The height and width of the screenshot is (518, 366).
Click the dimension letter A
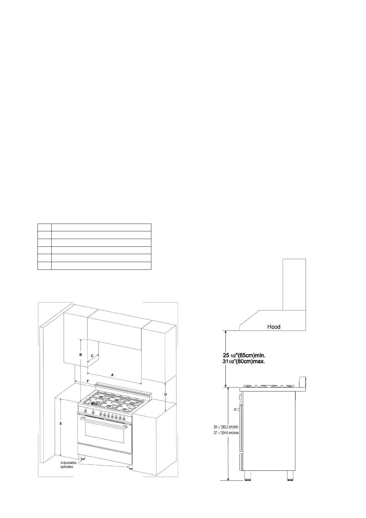click(x=112, y=375)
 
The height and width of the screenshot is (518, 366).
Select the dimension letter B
click(x=81, y=355)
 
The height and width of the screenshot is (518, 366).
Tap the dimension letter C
click(x=92, y=356)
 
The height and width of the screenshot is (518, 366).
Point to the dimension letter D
click(x=165, y=394)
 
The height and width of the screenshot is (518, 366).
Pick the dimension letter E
click(x=61, y=424)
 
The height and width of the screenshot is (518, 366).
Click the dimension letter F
click(x=88, y=381)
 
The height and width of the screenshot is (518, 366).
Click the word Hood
click(x=273, y=327)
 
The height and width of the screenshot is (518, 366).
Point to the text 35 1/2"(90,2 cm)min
click(x=226, y=427)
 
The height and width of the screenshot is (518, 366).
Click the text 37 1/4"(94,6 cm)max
click(x=226, y=432)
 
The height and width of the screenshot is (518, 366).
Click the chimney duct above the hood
click(x=294, y=284)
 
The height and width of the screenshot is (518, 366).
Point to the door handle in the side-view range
click(x=236, y=409)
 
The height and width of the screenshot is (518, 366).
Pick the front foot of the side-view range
click(x=247, y=483)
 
